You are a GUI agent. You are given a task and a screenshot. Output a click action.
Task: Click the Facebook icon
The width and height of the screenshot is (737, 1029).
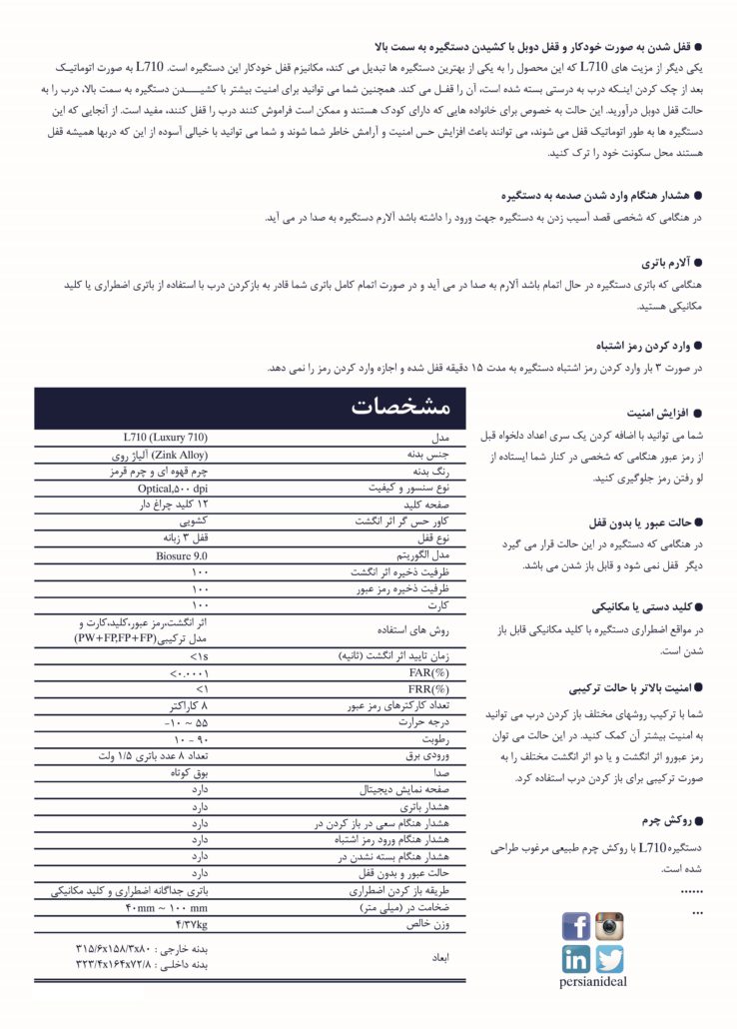(576, 926)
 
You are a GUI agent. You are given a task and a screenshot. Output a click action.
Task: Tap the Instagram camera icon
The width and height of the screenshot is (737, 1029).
(609, 926)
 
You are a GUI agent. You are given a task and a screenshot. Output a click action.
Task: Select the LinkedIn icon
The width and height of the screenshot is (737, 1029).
(576, 959)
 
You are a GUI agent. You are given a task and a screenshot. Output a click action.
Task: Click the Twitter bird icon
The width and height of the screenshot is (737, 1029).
(609, 959)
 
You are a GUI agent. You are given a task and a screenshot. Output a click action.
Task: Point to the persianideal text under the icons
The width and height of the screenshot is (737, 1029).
(593, 981)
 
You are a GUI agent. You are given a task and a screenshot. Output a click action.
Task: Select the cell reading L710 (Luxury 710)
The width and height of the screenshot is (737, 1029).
(165, 438)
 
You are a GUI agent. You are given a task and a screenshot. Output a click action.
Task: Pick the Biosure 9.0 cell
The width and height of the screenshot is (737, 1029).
(181, 555)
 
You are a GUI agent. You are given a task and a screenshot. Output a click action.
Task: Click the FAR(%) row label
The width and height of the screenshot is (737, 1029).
(429, 673)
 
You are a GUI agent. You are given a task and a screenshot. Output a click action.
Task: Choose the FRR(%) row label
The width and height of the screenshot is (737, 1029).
(429, 689)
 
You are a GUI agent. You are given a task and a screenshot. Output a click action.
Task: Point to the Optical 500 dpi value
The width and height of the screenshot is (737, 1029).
(173, 489)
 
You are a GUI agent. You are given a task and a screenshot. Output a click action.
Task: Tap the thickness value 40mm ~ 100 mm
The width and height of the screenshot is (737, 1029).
(166, 907)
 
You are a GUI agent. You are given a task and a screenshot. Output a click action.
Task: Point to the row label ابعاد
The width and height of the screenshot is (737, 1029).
(440, 956)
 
